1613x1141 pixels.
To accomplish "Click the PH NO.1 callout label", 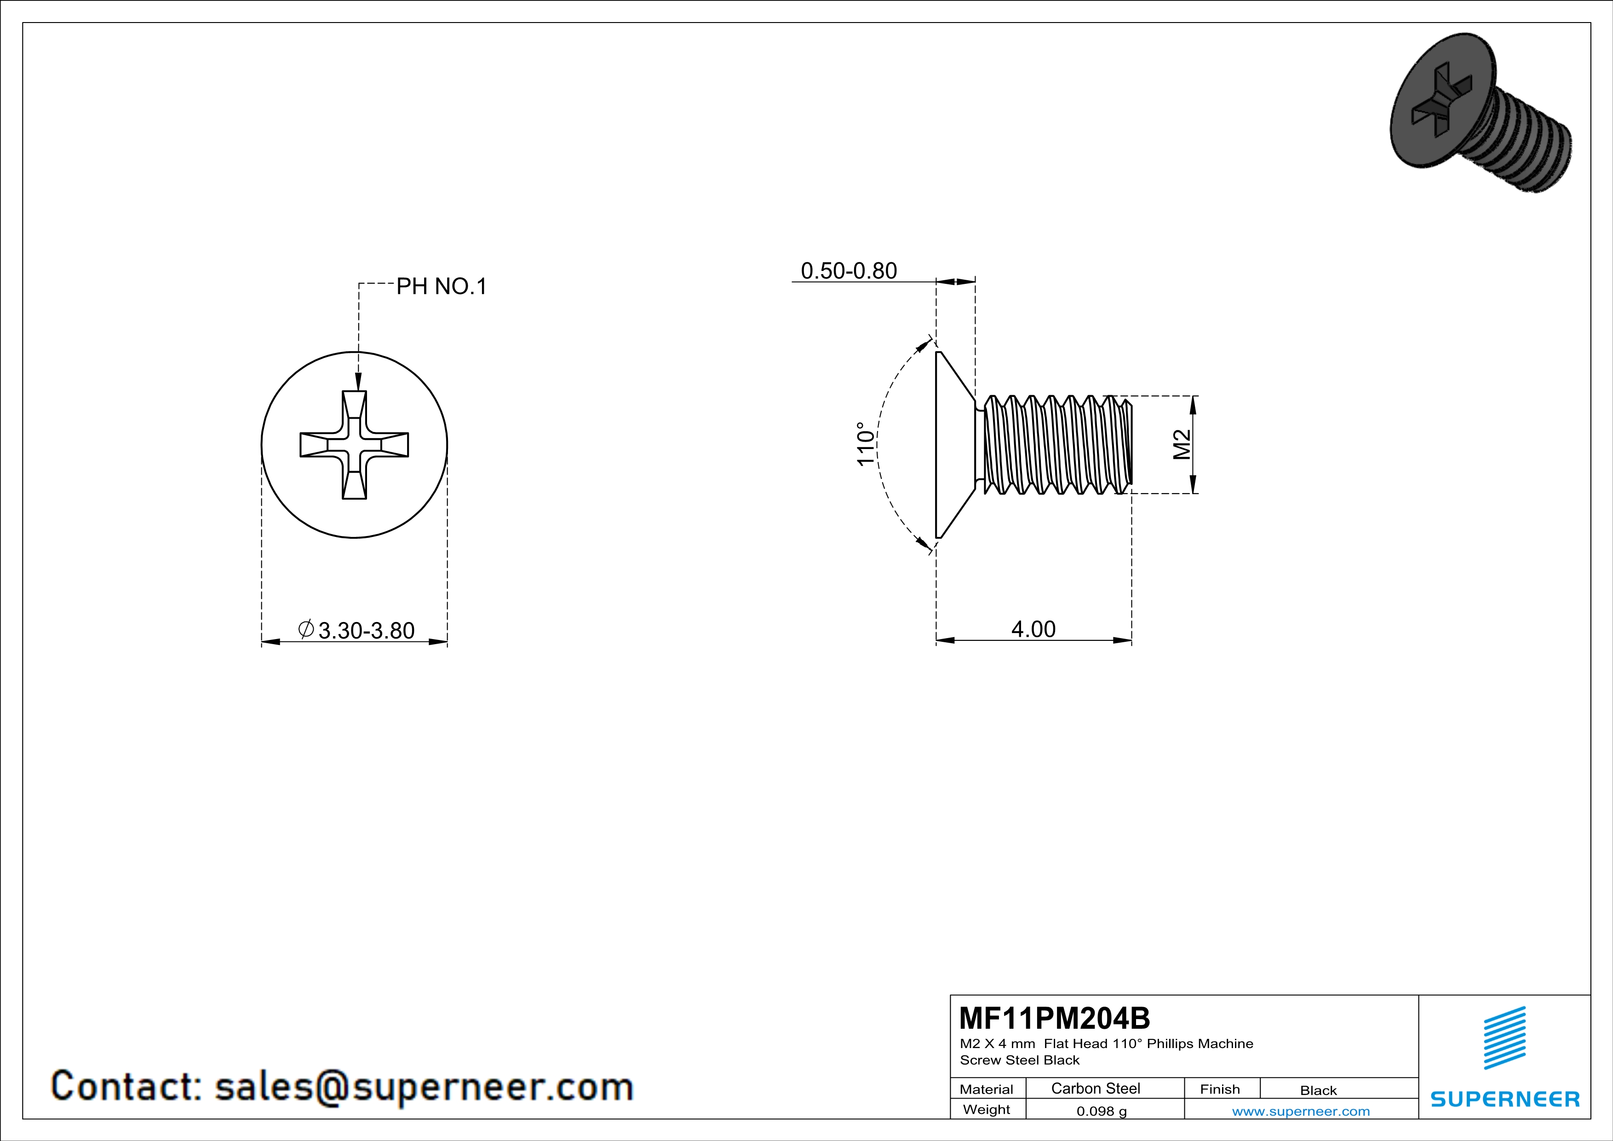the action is pos(441,286).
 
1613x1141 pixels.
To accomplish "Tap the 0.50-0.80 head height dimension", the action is pos(849,271).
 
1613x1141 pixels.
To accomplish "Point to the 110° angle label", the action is pos(866,444).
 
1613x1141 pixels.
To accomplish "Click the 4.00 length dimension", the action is pos(1033,629).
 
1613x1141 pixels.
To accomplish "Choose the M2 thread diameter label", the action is pos(1182,444).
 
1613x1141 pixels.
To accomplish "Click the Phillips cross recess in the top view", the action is pos(354,445).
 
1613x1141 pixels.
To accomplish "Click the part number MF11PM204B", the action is pos(1055,1017).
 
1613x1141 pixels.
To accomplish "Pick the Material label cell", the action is pos(987,1089).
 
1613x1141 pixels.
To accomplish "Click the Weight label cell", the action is pos(987,1109).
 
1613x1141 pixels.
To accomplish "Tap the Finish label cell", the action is pos(1220,1089).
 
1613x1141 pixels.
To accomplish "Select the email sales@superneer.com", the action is pos(424,1086).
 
